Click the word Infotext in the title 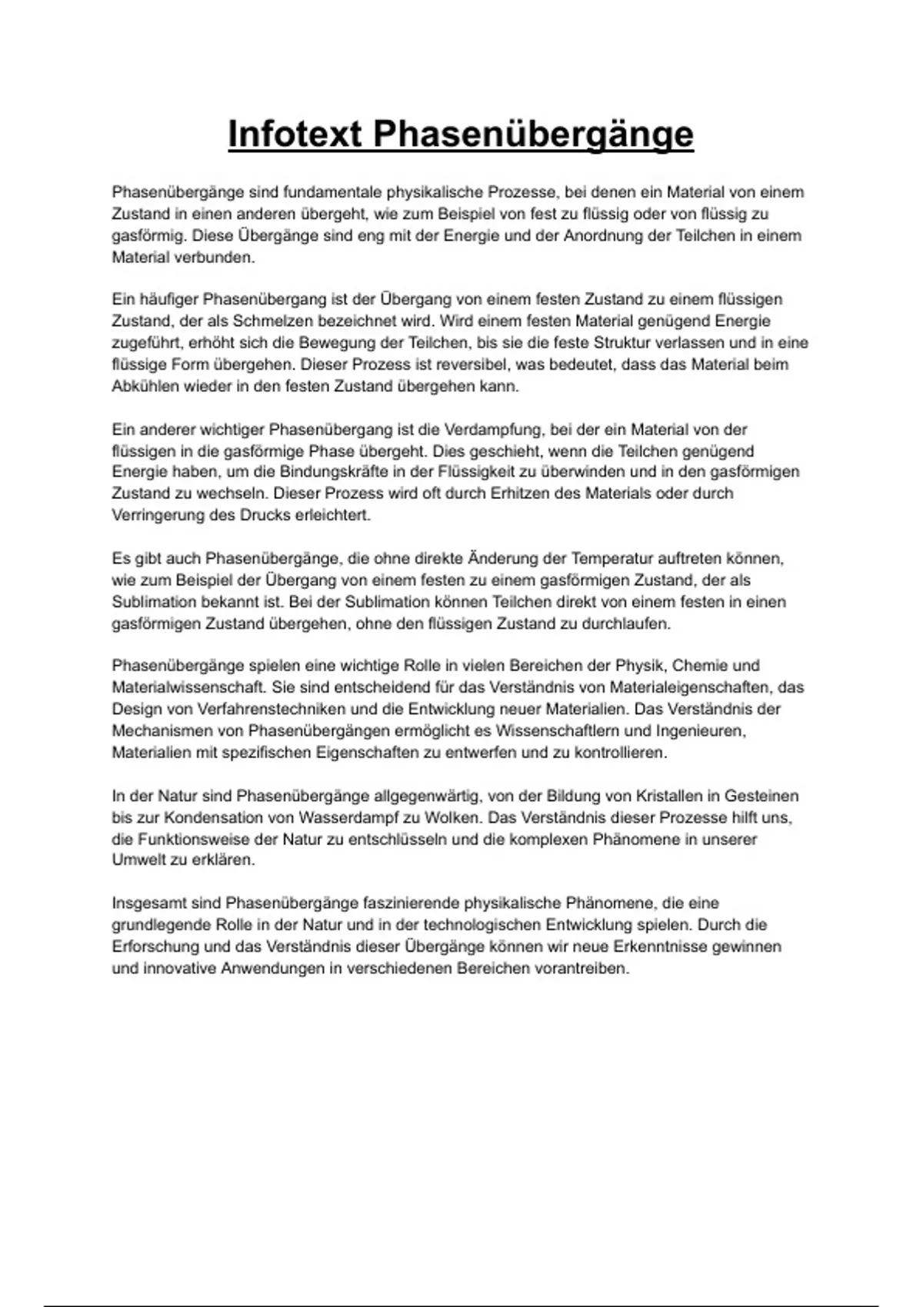pyautogui.click(x=295, y=134)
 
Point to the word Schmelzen pyautogui.click(x=270, y=321)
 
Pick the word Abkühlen pyautogui.click(x=145, y=387)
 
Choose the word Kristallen pyautogui.click(x=671, y=797)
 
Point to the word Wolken pyautogui.click(x=448, y=818)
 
